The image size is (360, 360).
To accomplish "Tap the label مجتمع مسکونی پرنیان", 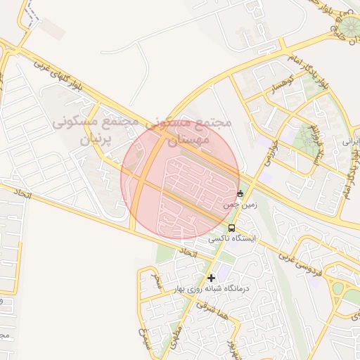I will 94,130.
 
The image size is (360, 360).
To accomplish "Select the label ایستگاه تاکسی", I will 232,240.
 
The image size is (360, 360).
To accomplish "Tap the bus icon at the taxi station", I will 232,229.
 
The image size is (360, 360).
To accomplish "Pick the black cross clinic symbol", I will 211,278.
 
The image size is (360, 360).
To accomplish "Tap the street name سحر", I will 157,283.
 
